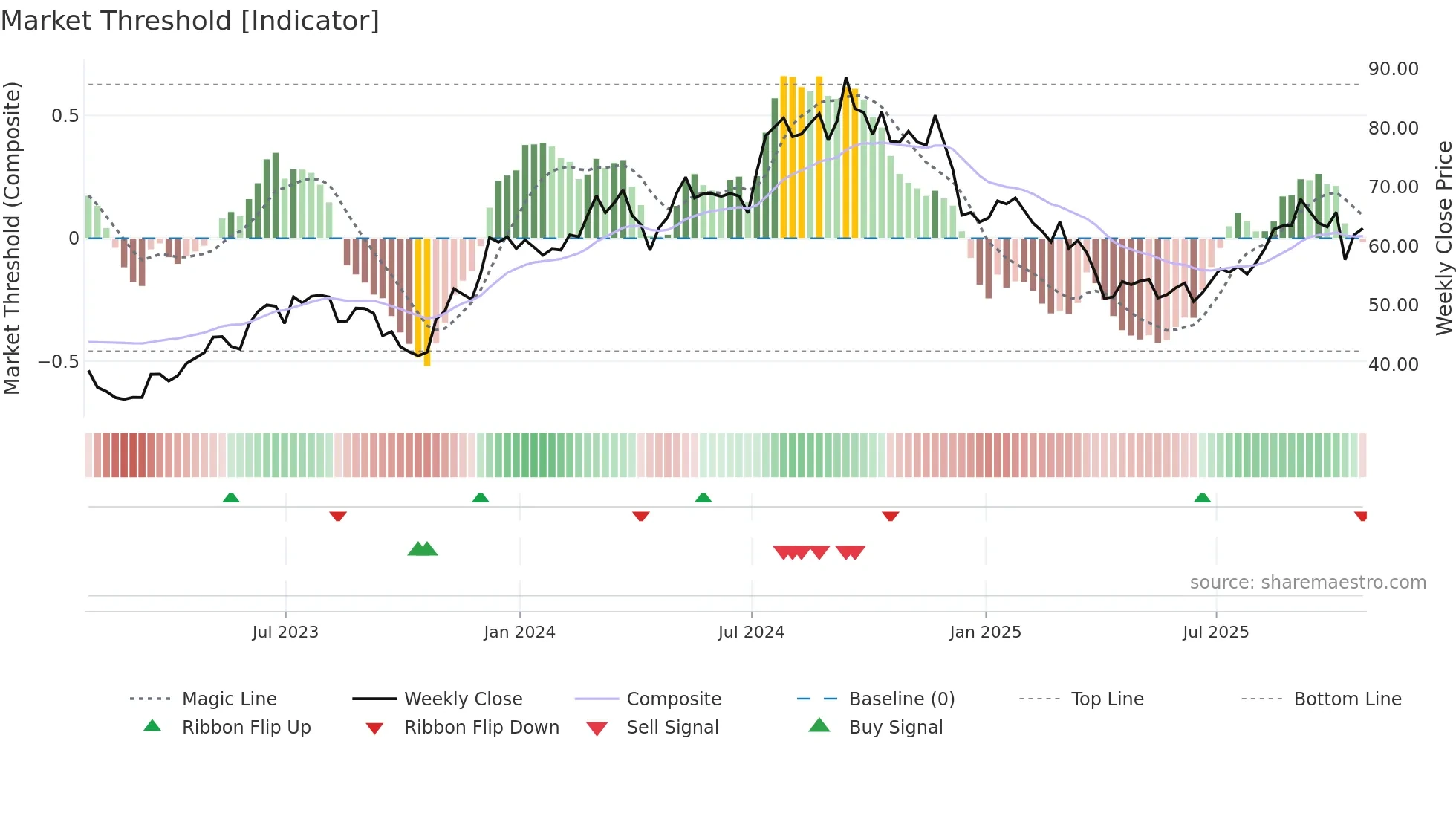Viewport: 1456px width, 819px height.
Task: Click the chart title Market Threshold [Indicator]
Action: [190, 21]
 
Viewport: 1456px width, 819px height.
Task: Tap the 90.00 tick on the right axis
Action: [1393, 69]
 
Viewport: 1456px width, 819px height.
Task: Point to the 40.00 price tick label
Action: [1393, 365]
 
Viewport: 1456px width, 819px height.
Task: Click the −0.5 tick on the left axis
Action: [58, 362]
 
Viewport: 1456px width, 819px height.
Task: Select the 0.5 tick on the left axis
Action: [65, 116]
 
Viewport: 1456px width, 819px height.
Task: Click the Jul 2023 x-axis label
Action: [285, 632]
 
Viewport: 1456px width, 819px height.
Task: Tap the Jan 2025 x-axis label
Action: [985, 632]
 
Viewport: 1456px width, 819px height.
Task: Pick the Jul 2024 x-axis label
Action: [751, 632]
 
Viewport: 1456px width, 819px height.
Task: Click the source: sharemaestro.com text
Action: [1307, 583]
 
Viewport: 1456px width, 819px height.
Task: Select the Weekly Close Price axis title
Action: [1443, 238]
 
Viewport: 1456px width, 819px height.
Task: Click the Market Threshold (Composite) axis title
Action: [12, 238]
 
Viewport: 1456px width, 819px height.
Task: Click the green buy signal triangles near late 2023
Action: [423, 549]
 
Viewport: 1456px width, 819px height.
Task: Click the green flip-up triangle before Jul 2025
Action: [1202, 498]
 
